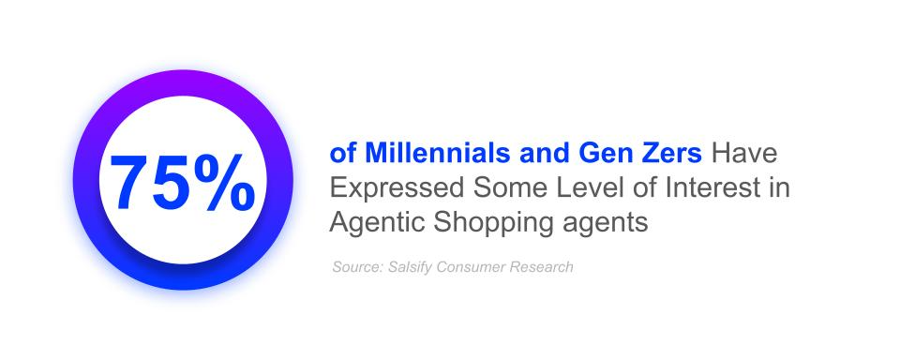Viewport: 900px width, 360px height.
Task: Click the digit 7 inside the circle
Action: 130,183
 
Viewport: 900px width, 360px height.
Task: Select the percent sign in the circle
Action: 224,183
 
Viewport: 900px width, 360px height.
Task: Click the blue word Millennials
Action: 436,154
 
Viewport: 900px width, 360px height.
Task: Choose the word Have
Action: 743,154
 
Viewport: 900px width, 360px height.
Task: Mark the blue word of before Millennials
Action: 343,154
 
